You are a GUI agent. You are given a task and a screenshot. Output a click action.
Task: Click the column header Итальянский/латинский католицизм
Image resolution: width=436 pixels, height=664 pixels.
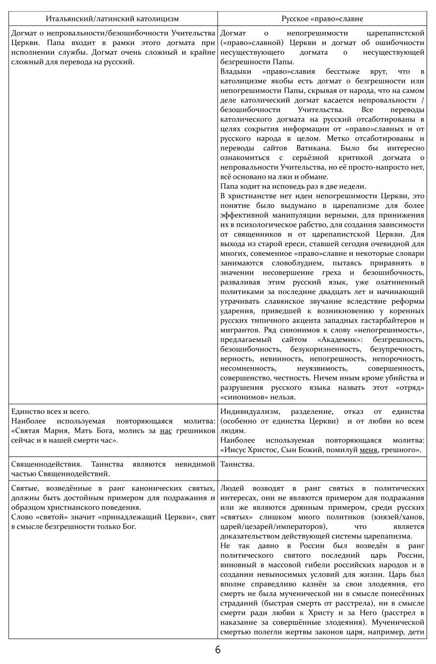tap(112, 18)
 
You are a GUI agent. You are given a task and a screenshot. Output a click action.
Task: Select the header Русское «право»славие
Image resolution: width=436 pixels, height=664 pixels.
tap(322, 18)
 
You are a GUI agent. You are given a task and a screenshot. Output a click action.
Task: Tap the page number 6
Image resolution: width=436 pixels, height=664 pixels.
tap(218, 650)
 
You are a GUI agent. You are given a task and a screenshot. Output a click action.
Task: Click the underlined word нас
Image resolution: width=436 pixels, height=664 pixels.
tap(166, 430)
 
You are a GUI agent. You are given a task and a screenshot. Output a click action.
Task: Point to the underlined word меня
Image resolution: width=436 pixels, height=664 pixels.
tap(369, 450)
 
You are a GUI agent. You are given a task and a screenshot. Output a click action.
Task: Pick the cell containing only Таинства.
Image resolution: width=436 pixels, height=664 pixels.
tap(237, 464)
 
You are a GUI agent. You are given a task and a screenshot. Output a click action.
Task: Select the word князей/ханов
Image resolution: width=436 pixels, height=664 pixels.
tap(401, 517)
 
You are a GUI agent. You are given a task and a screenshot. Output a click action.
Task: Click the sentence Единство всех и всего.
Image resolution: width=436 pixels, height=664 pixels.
tap(50, 412)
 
